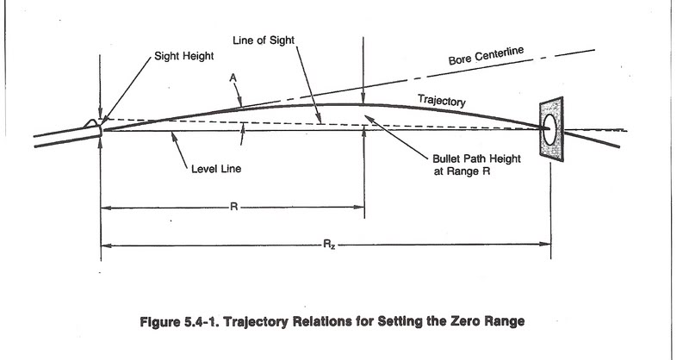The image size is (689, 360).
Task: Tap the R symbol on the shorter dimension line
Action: click(x=233, y=208)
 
